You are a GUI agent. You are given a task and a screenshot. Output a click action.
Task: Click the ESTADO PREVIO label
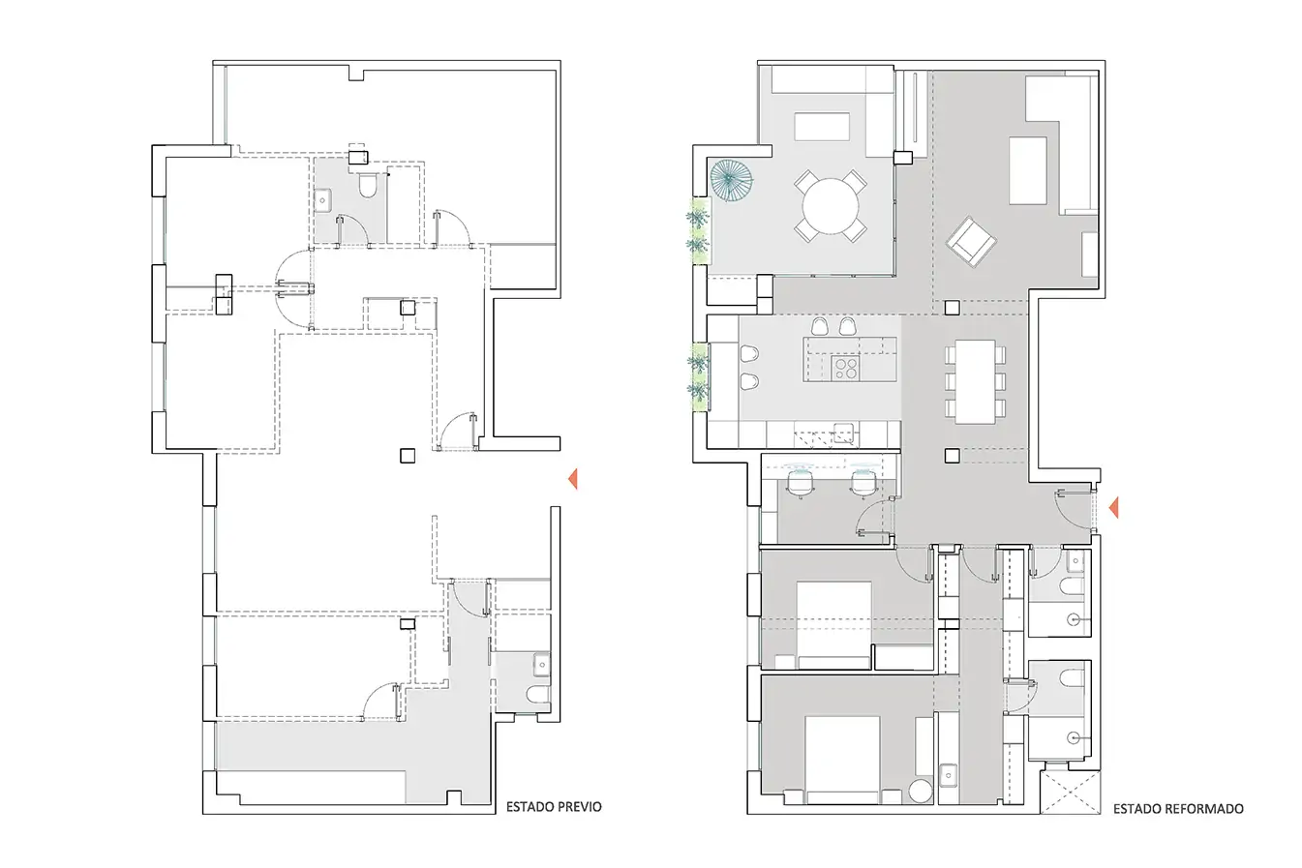(554, 806)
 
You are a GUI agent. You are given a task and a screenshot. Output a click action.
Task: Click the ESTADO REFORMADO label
(1178, 809)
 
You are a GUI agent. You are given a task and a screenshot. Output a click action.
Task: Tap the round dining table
(831, 206)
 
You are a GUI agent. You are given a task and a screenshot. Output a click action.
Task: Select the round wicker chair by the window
(732, 181)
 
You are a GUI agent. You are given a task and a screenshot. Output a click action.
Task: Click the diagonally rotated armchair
(971, 242)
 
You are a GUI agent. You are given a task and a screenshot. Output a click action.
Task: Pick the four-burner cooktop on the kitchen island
(846, 368)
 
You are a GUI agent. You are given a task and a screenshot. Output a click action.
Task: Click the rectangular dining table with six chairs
(976, 381)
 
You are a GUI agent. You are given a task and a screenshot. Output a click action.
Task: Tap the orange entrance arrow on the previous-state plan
(572, 479)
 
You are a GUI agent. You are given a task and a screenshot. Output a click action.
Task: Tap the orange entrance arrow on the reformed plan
(1113, 508)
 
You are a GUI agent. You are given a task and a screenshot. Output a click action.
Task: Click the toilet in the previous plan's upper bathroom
(367, 184)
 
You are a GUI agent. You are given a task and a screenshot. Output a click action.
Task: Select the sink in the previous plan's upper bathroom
(322, 200)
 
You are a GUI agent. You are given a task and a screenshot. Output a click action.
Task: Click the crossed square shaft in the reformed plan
(1070, 793)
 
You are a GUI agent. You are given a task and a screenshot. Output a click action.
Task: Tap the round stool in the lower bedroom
(921, 792)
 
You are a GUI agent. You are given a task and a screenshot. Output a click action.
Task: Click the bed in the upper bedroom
(834, 625)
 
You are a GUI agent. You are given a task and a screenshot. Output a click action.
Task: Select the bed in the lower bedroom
(842, 760)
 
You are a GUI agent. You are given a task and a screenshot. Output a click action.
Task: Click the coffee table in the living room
(1028, 170)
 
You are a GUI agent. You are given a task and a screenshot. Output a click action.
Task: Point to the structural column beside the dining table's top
(952, 308)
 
